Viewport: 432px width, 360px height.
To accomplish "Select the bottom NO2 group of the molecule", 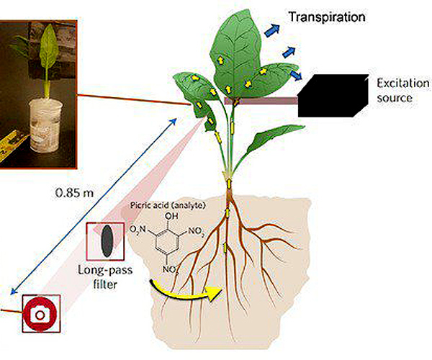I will (170, 270).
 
